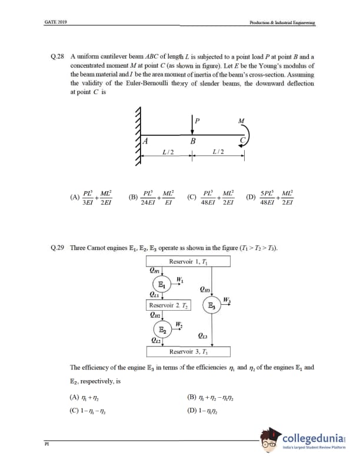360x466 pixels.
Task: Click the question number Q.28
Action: click(58, 56)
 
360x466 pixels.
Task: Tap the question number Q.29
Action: click(58, 248)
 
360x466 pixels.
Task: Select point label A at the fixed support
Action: click(145, 141)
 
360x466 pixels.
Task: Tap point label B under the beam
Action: click(192, 142)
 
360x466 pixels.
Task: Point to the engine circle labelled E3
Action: click(211, 306)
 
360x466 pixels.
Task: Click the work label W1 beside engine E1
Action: click(180, 278)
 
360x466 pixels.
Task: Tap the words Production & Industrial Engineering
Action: click(282, 22)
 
